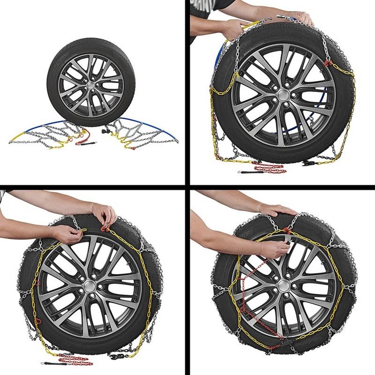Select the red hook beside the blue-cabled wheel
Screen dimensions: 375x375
pyautogui.click(x=327, y=63)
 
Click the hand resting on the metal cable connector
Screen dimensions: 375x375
pyautogui.click(x=300, y=17)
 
